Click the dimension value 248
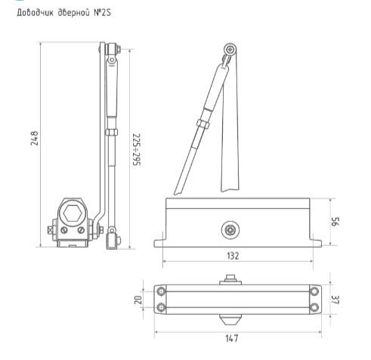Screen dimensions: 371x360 click(x=34, y=138)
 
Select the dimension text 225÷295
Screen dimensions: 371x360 click(x=137, y=149)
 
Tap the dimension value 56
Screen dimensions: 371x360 click(x=335, y=222)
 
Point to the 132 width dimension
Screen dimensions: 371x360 click(x=233, y=256)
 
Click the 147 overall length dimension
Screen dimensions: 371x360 click(x=231, y=338)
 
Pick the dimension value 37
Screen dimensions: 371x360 click(x=335, y=300)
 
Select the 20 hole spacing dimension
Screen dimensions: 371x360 click(x=138, y=300)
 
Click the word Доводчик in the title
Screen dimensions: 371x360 click(x=35, y=13)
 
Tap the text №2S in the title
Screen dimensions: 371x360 click(x=102, y=13)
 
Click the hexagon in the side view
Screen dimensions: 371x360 click(x=73, y=214)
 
